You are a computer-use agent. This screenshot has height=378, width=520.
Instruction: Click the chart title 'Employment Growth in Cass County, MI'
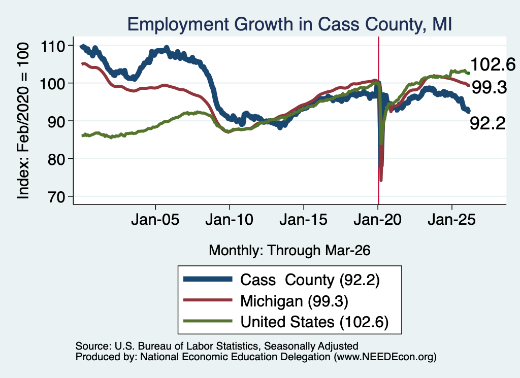coord(289,24)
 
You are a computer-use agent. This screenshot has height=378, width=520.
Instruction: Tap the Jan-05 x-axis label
coord(155,220)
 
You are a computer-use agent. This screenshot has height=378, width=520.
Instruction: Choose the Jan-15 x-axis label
coord(304,220)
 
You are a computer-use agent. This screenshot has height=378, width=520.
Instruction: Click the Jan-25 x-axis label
coord(451,220)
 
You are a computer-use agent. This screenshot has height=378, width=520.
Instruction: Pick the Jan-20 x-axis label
coord(378,220)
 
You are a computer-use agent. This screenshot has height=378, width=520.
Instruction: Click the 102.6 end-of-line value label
coord(493,64)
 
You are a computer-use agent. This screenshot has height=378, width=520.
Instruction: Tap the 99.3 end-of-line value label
coord(490,88)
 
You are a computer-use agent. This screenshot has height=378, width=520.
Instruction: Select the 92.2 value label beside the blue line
coord(487,124)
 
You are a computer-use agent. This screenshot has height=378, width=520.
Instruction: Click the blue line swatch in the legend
coord(208,279)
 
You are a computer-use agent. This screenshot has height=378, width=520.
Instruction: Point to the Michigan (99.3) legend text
coord(294,301)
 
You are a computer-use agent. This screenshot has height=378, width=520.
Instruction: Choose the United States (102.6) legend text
coord(314,322)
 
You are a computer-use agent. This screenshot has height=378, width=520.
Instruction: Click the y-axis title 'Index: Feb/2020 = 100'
coord(23,121)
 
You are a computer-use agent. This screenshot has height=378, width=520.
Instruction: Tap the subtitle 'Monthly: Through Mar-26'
coord(289,251)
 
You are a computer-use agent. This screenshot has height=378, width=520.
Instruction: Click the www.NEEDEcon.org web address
coord(385,357)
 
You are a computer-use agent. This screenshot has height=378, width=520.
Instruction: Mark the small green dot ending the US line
coord(468,73)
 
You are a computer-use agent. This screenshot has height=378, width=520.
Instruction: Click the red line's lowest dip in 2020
coord(381,180)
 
